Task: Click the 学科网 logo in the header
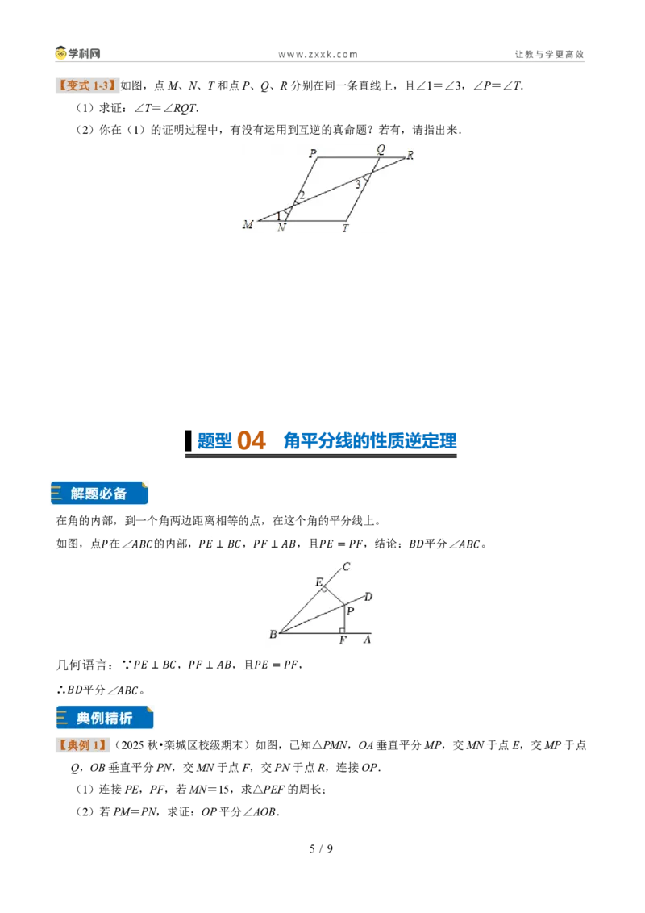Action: click(78, 53)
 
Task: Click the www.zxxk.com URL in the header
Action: click(318, 55)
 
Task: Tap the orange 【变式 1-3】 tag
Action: click(87, 85)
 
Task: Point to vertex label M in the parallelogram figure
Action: click(248, 224)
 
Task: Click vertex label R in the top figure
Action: click(410, 156)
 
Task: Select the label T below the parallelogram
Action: click(345, 228)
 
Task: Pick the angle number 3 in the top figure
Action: click(358, 185)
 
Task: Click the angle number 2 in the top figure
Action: click(302, 196)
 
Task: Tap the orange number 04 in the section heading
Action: click(252, 441)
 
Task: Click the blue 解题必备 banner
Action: click(99, 493)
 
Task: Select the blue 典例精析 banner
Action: click(105, 717)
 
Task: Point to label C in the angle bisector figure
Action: click(346, 566)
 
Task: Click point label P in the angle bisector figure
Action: click(351, 611)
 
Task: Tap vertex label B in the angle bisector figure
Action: click(273, 634)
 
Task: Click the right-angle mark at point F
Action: click(343, 630)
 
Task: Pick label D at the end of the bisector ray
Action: click(368, 596)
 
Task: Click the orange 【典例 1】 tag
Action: click(82, 745)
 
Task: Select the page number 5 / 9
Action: click(322, 848)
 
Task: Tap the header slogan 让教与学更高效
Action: click(549, 54)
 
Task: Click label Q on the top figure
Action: click(381, 150)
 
